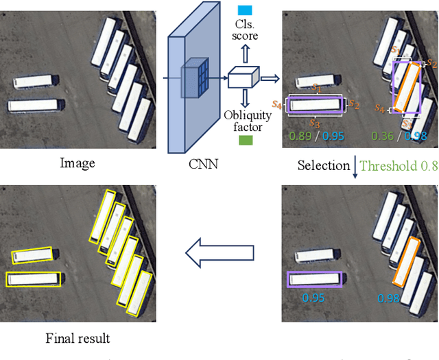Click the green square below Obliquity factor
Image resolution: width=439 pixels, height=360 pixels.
[246, 141]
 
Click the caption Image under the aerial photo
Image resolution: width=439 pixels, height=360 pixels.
[78, 163]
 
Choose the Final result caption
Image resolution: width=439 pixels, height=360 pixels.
[78, 338]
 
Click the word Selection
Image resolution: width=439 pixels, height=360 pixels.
[324, 166]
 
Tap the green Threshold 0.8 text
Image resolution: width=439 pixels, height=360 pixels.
[398, 166]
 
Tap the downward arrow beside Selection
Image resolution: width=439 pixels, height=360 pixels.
[355, 167]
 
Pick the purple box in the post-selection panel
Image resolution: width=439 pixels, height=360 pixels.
[313, 278]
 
